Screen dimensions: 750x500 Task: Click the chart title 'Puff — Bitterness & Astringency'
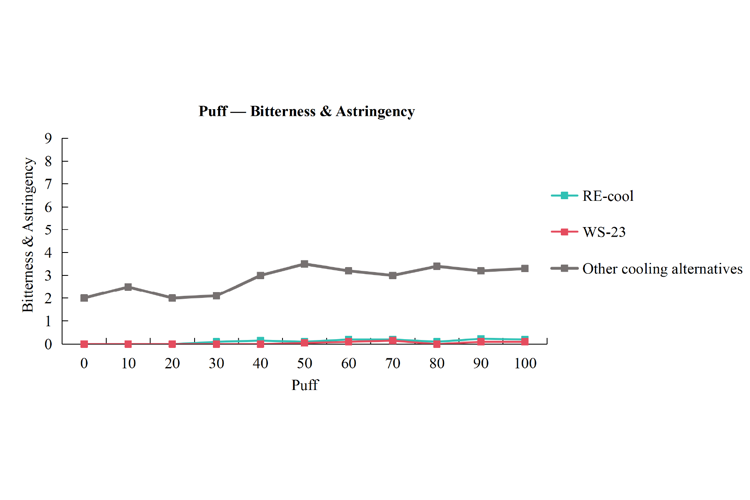tap(307, 111)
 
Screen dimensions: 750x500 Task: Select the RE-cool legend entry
tap(592, 196)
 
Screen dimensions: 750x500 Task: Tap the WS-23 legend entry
tap(588, 232)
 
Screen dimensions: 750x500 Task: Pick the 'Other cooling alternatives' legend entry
tap(647, 269)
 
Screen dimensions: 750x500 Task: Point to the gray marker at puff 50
tap(305, 264)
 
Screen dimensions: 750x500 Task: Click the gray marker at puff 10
tap(128, 287)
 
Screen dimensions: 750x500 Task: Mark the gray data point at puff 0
tap(84, 298)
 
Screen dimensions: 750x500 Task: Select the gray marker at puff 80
tap(437, 267)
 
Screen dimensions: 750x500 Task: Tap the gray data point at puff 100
tap(525, 269)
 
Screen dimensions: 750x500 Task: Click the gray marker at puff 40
tap(261, 276)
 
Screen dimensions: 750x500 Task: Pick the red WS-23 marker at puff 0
tap(84, 344)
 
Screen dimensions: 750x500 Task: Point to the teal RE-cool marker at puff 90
tap(481, 339)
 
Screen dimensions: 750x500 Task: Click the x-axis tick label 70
tap(393, 364)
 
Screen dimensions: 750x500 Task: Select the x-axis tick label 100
tap(525, 364)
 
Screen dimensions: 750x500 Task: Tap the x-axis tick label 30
tap(217, 364)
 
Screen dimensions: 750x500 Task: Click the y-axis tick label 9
tap(48, 139)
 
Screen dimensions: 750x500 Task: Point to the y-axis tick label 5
tap(48, 230)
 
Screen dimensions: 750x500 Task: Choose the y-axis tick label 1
tap(48, 322)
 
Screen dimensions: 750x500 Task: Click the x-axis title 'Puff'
tap(305, 385)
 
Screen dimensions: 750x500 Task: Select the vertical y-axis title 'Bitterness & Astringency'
tap(28, 235)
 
